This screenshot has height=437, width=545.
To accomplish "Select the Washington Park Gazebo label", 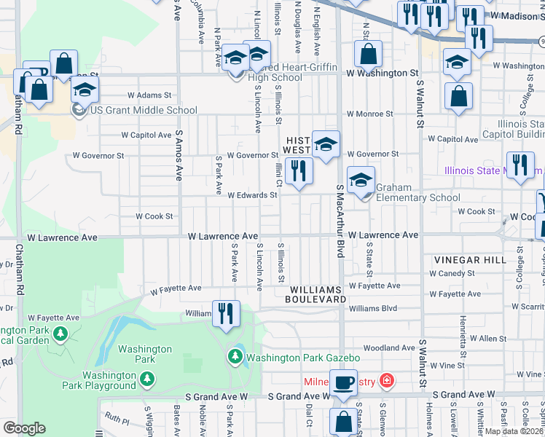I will coord(303,358).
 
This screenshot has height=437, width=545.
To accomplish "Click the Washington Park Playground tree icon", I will coord(147,379).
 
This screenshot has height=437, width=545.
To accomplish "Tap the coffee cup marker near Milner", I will coord(343,382).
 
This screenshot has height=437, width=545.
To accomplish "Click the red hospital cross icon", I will coord(386,380).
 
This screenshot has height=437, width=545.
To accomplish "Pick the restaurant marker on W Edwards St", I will coord(299,171).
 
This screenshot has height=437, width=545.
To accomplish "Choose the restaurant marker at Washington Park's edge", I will coord(226,314).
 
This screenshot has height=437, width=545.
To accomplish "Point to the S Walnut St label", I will coord(421,104).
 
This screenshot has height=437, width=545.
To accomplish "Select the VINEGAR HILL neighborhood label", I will coord(466,260).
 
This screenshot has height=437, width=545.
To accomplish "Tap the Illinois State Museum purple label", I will coord(493,171).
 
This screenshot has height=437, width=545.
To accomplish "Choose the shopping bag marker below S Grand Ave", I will coord(343,421).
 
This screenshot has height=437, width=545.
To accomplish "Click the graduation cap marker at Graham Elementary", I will coord(361,180).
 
